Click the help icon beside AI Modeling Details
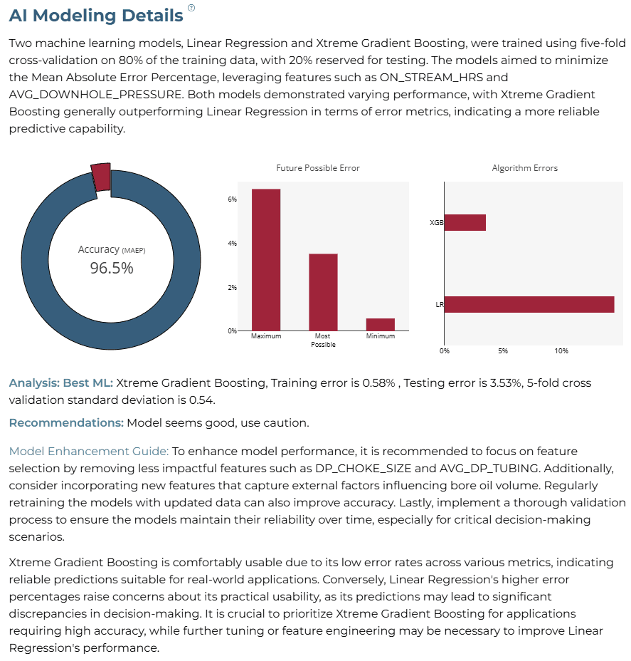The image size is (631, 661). [x=191, y=8]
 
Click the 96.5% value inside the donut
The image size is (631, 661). [x=112, y=268]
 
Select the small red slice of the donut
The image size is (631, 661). [x=101, y=177]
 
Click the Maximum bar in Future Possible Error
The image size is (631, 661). [x=266, y=260]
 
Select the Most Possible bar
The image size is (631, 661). [x=323, y=292]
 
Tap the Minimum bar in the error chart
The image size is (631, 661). [x=381, y=325]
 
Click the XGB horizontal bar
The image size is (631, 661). [x=465, y=222]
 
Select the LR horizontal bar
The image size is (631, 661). [x=529, y=304]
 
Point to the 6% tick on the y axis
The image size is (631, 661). [x=233, y=199]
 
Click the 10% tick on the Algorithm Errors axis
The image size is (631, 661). [x=561, y=350]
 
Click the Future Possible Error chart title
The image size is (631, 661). [x=318, y=168]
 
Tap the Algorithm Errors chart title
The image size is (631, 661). [x=525, y=168]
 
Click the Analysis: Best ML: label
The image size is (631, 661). [x=61, y=382]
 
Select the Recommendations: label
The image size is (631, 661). [x=66, y=423]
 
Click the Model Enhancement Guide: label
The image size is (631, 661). [x=89, y=451]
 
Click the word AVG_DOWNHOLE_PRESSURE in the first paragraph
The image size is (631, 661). [x=96, y=95]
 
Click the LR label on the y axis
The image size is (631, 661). [x=440, y=304]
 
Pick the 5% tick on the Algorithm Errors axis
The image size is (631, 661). [x=503, y=350]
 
